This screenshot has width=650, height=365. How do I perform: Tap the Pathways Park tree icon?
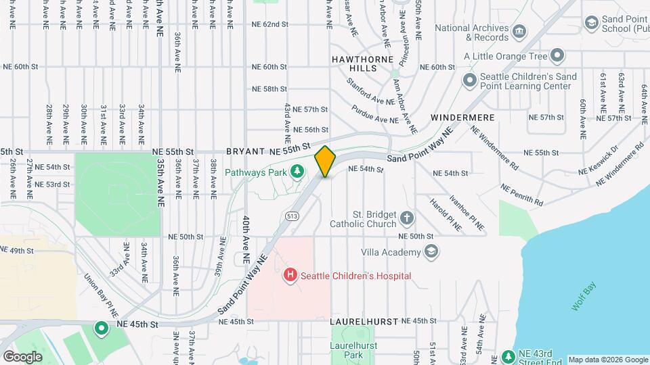[297, 171]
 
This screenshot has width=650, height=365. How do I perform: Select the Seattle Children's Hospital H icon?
[290, 275]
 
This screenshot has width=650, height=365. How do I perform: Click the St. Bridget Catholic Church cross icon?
[406, 218]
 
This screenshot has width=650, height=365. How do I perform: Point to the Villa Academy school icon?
[431, 252]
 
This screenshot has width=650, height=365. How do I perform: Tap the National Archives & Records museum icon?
[519, 32]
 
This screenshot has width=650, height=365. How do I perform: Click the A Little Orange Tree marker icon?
[557, 55]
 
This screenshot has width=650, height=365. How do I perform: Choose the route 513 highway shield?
[292, 216]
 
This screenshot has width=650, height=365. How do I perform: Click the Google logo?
[22, 356]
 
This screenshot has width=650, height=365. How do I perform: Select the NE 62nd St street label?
[270, 24]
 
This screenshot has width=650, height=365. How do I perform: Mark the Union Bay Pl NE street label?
[101, 295]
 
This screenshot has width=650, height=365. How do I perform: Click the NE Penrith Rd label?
[522, 195]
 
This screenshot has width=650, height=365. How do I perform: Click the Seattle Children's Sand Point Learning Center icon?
[470, 81]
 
